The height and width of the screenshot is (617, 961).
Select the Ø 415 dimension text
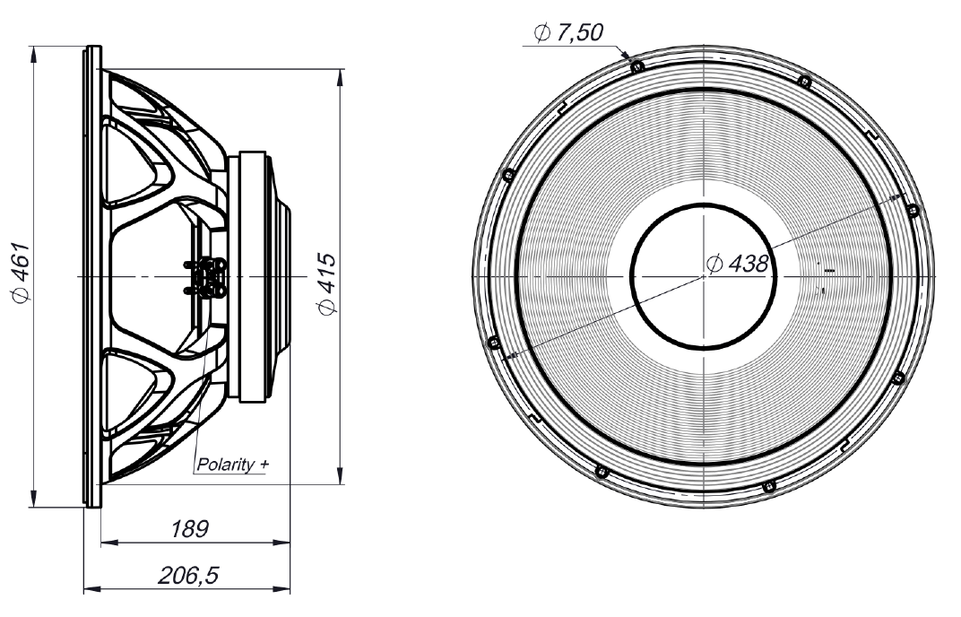coord(327,282)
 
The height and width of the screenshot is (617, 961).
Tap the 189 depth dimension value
coord(190,529)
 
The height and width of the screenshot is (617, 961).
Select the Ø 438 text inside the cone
coord(737,264)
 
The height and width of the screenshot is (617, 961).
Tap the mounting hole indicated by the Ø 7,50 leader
coord(636,66)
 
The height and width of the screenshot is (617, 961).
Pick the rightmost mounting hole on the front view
coord(913,210)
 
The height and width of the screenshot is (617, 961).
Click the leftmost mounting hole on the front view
coord(490,341)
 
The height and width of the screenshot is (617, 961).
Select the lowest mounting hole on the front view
coord(766,486)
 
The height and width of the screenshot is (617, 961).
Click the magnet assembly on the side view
coord(260,276)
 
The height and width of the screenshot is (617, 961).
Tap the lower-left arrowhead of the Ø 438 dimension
coord(509,357)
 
